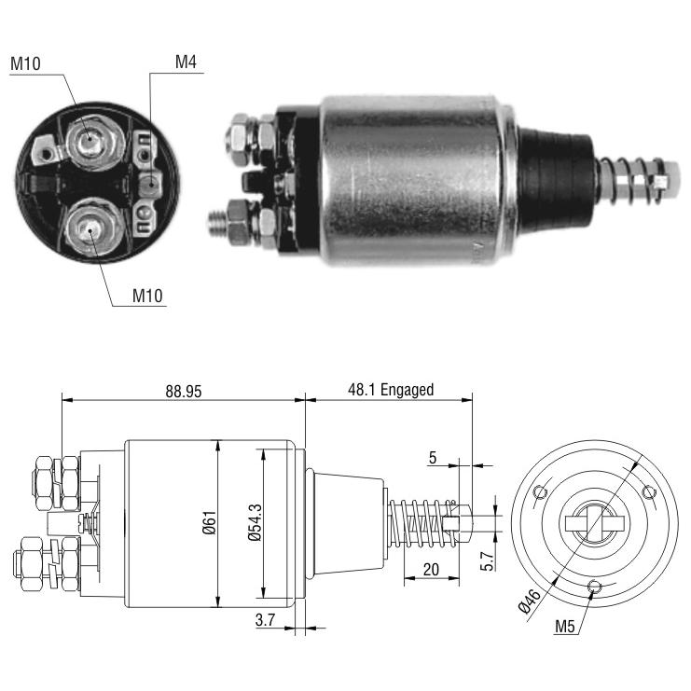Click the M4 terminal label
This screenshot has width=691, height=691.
186,62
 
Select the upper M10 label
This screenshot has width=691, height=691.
25,63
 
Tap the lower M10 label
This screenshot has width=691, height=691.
147,296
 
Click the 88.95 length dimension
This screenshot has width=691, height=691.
184,392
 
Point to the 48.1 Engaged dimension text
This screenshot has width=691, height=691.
391,390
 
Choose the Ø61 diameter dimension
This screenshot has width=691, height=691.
210,522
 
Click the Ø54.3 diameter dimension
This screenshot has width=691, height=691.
255,522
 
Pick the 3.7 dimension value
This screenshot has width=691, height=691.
265,620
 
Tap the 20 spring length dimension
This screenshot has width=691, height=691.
431,570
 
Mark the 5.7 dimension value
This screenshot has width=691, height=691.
488,561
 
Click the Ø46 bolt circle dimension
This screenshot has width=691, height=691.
530,601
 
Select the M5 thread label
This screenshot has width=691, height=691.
565,626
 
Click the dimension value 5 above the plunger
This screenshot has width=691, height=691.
433,458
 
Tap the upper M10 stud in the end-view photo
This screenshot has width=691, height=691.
91,141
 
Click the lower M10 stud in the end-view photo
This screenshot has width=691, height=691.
91,228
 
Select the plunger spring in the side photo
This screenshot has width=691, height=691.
630,180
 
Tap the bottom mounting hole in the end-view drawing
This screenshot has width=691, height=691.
595,587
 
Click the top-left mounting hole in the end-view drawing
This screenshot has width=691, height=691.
539,491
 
